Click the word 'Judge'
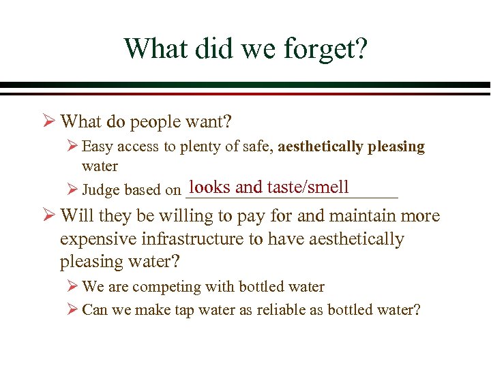coord(100,191)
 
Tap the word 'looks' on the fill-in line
coord(210,187)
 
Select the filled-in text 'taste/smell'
coord(308,187)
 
